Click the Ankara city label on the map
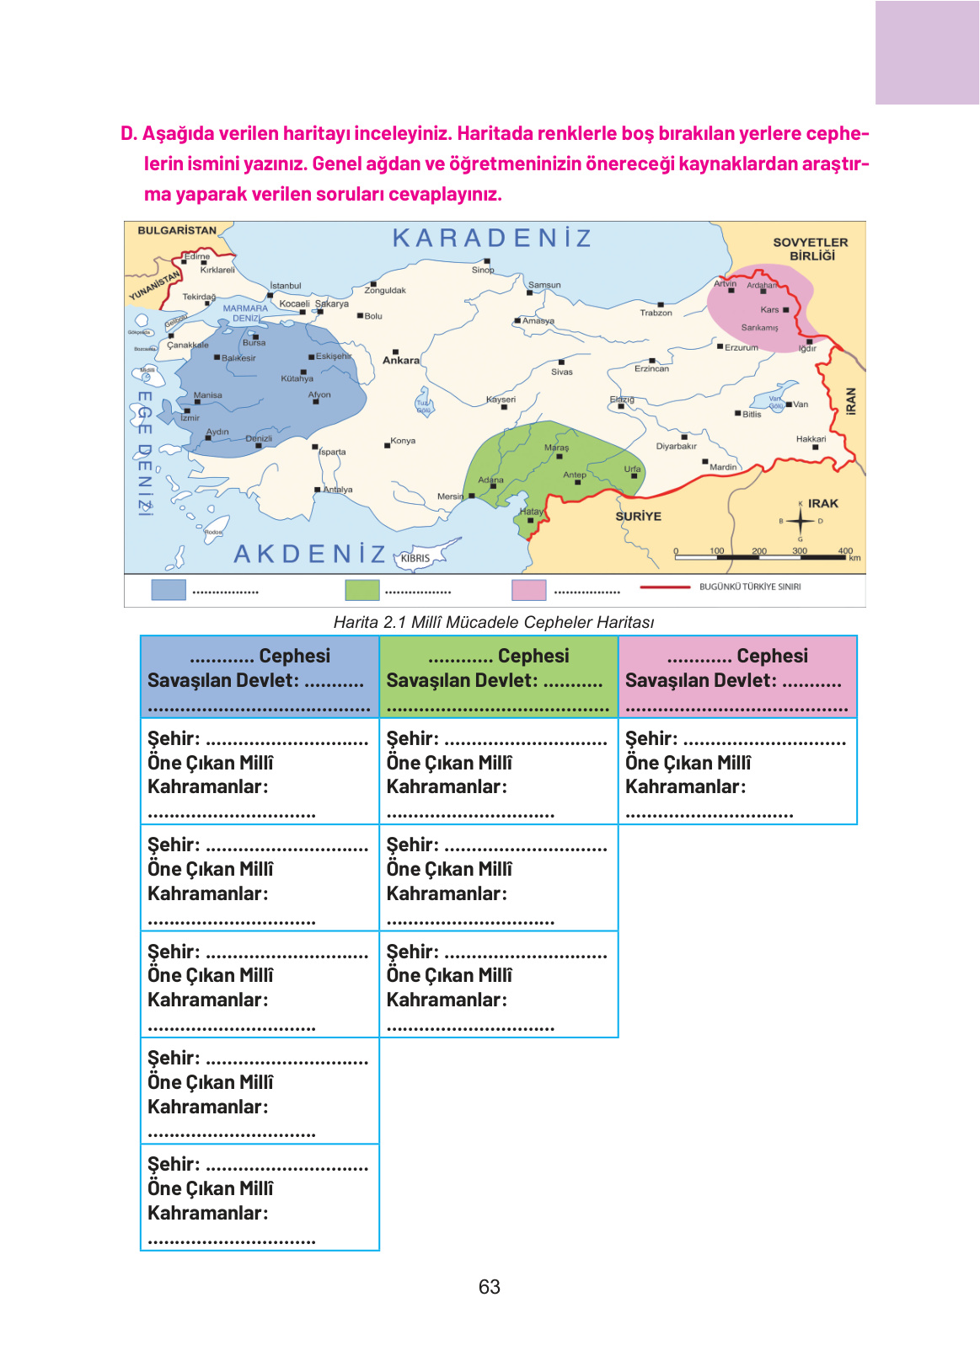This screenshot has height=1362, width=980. click(x=401, y=360)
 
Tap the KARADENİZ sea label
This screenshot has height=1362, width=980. click(x=492, y=239)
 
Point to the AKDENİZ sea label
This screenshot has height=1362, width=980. click(x=309, y=554)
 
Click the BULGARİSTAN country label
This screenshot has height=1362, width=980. click(x=177, y=230)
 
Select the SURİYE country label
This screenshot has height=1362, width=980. click(x=638, y=516)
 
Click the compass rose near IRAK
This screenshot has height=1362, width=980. click(x=800, y=521)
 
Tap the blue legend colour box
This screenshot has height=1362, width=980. click(x=169, y=589)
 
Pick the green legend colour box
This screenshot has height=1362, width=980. click(x=362, y=589)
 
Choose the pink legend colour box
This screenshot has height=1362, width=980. click(x=529, y=589)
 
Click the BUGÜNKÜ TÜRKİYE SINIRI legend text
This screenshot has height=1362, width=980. click(x=750, y=587)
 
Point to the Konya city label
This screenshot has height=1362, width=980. click(x=403, y=441)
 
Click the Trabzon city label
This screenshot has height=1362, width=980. click(x=656, y=313)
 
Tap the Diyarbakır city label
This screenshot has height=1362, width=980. click(x=676, y=446)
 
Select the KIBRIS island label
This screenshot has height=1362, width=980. click(x=415, y=558)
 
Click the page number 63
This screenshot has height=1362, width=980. click(x=490, y=1287)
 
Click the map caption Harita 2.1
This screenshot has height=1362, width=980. click(x=494, y=622)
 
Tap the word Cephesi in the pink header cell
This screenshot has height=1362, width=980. click(x=772, y=656)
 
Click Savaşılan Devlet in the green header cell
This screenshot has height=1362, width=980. click(x=462, y=680)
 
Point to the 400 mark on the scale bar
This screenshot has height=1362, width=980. click(x=845, y=550)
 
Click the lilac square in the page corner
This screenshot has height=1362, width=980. click(x=927, y=52)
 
